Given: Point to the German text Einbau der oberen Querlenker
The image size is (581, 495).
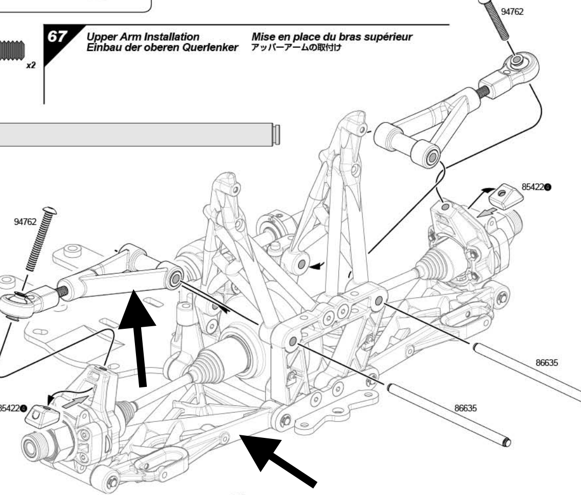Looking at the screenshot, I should pos(164,47).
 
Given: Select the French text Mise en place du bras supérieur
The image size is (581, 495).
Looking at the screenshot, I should pos(332,38).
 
